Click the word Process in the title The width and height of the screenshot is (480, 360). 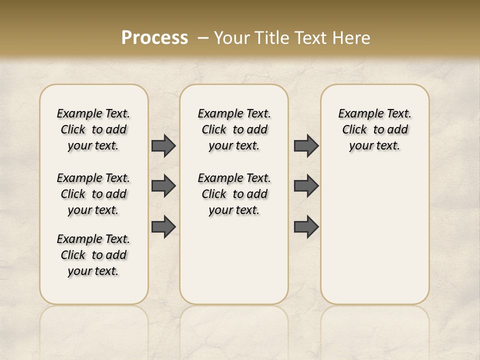(154, 37)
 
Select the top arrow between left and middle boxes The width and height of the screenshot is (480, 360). (163, 145)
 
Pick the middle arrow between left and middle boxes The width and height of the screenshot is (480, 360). (163, 186)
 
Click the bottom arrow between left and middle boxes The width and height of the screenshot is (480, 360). (163, 226)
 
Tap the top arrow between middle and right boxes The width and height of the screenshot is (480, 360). (306, 145)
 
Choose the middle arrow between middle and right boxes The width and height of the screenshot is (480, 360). (306, 186)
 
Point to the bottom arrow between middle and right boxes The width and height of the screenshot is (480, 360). (306, 226)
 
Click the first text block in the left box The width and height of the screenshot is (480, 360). (93, 129)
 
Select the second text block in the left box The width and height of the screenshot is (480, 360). (93, 194)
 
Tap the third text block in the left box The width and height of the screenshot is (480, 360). (93, 255)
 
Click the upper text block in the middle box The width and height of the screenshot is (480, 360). (234, 129)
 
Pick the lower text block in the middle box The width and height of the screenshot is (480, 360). (234, 194)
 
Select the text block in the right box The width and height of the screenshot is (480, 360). (374, 129)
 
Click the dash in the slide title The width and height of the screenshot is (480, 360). (203, 37)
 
